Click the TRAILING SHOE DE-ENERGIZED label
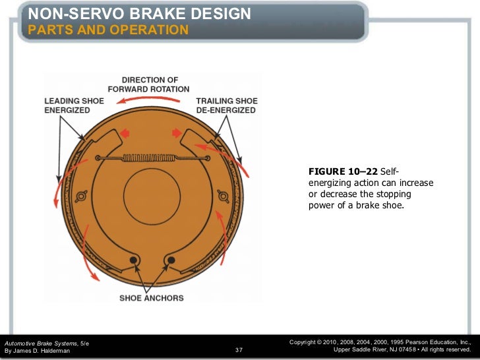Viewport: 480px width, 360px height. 226,105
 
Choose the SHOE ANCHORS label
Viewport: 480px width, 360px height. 151,298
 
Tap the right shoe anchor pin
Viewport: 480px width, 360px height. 170,260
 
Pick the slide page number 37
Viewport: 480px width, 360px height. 239,349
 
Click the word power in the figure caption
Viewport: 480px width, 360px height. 320,204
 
